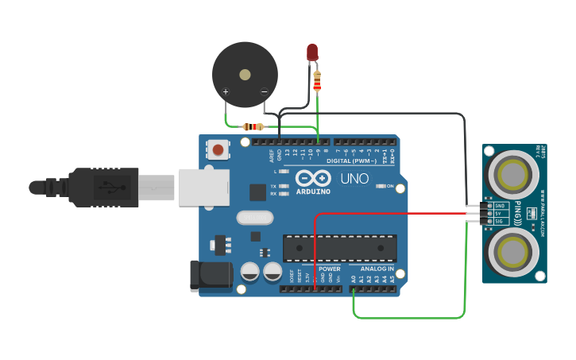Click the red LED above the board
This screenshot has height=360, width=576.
click(x=312, y=52)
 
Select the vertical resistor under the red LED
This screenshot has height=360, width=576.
click(x=317, y=81)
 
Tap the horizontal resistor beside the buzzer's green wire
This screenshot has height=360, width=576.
click(x=253, y=126)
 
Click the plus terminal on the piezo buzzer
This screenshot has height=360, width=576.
click(x=226, y=93)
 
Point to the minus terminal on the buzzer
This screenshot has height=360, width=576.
click(x=265, y=93)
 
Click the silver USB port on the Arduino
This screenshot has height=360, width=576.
click(x=203, y=188)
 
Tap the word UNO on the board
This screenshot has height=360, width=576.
click(x=354, y=179)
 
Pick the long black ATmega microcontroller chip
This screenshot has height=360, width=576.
click(x=339, y=248)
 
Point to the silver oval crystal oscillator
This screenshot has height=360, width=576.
click(x=254, y=217)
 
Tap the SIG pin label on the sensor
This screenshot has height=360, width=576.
click(x=499, y=221)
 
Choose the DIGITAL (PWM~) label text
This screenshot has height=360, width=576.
click(x=354, y=161)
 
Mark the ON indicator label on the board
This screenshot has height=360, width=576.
click(x=389, y=186)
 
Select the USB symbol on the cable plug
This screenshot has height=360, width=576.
click(x=111, y=188)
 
